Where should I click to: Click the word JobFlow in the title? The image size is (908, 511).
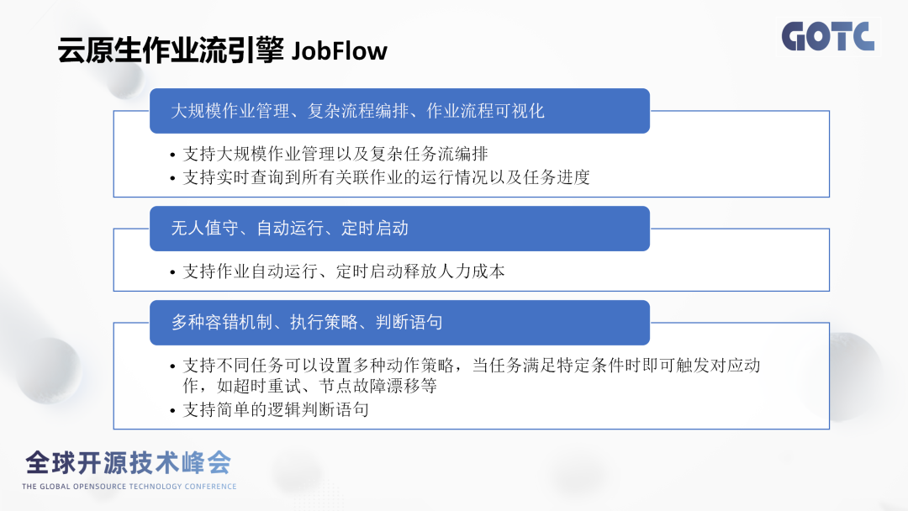coord(340,51)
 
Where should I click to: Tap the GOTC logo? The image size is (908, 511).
coord(827,37)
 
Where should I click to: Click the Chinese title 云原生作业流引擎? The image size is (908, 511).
coord(171,50)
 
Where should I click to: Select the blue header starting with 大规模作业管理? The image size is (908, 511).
coord(399,111)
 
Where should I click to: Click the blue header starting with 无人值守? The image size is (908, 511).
coord(399,229)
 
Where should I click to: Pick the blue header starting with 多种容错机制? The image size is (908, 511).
coord(399,323)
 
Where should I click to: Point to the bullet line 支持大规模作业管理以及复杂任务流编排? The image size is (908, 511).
coord(335,154)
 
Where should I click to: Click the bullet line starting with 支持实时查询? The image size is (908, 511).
coord(386,177)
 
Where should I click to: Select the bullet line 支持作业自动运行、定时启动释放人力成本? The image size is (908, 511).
coord(344,271)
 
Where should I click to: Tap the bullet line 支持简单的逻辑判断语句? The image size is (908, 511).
coord(276,410)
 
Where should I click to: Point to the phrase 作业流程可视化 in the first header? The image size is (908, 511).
coord(485,111)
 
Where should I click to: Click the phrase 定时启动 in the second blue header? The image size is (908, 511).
coord(375,229)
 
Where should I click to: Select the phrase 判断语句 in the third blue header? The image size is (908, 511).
coord(409,323)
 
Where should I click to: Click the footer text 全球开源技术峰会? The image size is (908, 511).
coord(129,463)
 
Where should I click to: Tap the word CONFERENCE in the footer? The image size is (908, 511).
coord(210,487)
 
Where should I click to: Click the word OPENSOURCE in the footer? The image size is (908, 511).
coord(98,487)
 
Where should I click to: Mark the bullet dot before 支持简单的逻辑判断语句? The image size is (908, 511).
coord(172,411)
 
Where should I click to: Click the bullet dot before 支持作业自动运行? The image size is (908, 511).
coord(172,272)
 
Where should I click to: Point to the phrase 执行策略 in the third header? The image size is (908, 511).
coord(324,323)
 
